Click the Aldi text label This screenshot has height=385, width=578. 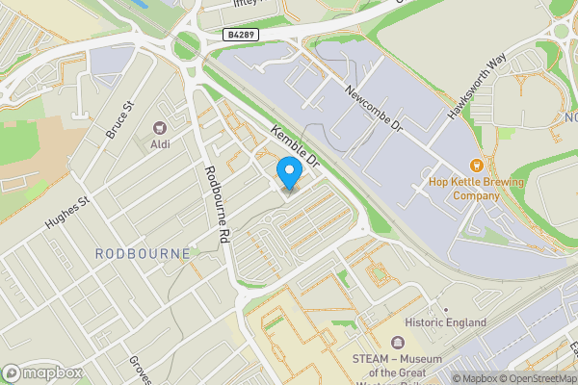159,144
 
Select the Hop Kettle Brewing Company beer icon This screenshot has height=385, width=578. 475,166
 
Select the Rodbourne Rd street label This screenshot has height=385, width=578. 217,204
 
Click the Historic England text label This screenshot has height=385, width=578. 445,322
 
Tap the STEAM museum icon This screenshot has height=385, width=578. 396,342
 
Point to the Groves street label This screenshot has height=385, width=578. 141,370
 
